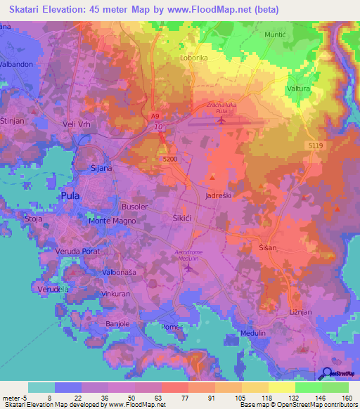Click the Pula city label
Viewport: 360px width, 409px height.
pos(70,196)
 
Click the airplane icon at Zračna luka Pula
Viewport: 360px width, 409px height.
pos(222,120)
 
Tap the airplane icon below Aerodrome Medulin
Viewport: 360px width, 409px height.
pos(187,268)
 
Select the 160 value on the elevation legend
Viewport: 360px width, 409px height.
pos(346,397)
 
